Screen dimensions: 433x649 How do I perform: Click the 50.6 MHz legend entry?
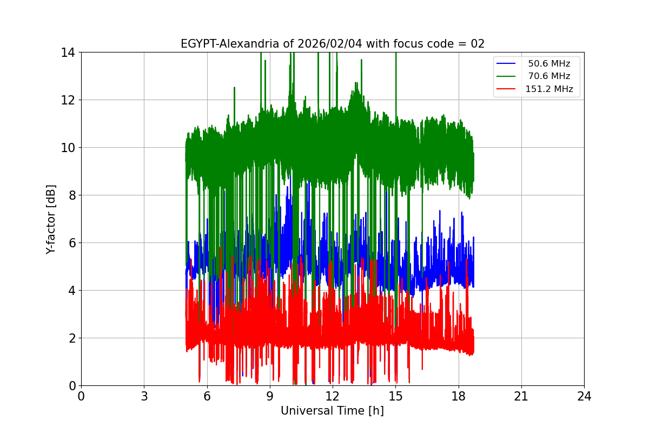point(549,64)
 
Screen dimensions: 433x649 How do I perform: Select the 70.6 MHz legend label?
point(549,76)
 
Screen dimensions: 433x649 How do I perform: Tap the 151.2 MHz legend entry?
point(549,89)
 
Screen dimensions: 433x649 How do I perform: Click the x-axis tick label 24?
point(584,397)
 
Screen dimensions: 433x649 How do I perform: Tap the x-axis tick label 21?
point(521,397)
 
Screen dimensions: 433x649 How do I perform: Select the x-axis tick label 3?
point(144,397)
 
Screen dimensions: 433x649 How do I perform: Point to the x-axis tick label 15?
point(395,397)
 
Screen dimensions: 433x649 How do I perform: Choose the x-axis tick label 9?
point(270,397)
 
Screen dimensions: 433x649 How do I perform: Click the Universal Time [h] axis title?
point(332,411)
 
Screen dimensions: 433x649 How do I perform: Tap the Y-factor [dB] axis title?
point(51,219)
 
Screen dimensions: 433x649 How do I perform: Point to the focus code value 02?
point(478,44)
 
